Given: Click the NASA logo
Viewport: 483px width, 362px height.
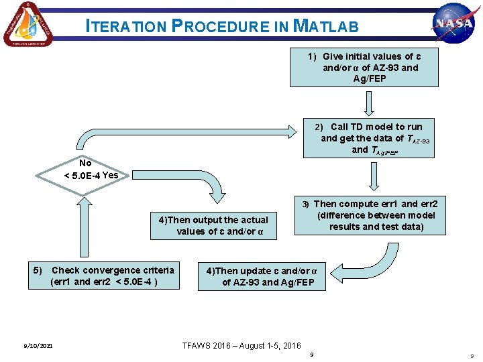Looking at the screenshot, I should tap(453, 23).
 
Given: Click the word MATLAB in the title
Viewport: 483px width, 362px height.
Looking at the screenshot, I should tap(327, 27).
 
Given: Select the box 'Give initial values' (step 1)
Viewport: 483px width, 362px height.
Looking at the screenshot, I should tap(365, 68).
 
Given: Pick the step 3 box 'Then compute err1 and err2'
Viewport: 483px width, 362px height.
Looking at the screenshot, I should tap(370, 215).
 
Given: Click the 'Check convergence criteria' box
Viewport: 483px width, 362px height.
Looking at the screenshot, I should tap(105, 276).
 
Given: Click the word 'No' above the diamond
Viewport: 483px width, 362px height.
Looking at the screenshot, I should tap(85, 163).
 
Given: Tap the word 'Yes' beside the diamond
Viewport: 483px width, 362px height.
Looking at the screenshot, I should tap(110, 176).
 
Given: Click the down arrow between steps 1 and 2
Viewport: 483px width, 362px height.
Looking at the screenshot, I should tap(368, 104).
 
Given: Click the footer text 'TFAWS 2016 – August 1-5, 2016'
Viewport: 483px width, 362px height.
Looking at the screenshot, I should tap(241, 346).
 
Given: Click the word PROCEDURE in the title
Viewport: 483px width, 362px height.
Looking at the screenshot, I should tap(221, 27).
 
